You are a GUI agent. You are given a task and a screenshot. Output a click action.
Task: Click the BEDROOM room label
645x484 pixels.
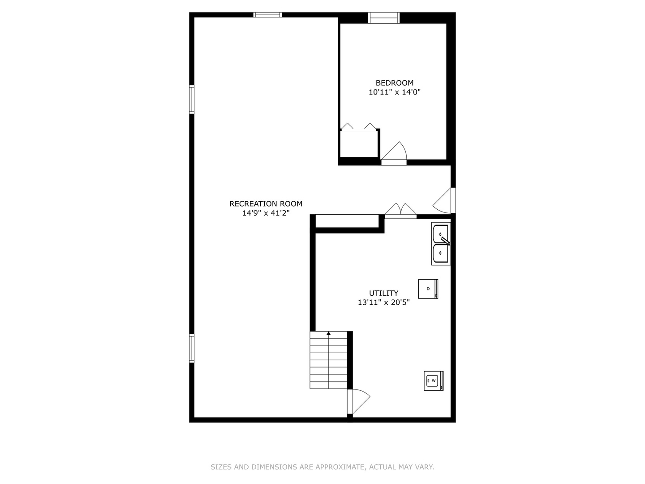pyautogui.click(x=394, y=83)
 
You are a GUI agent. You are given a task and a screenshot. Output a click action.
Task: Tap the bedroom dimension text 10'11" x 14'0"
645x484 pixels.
pyautogui.click(x=394, y=92)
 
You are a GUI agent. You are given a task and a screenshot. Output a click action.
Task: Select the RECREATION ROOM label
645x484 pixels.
pyautogui.click(x=266, y=203)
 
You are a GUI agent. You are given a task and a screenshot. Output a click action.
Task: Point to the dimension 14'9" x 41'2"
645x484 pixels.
pyautogui.click(x=266, y=213)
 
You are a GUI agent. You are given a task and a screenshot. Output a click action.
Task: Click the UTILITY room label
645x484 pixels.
pyautogui.click(x=383, y=293)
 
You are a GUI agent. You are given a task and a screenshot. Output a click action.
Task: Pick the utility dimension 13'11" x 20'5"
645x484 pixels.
pyautogui.click(x=383, y=302)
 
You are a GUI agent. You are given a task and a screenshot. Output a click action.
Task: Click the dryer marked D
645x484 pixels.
pyautogui.click(x=428, y=289)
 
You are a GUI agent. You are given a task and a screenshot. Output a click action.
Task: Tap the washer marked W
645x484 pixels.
pyautogui.click(x=434, y=381)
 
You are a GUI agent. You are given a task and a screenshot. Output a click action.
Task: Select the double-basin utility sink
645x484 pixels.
pyautogui.click(x=441, y=244)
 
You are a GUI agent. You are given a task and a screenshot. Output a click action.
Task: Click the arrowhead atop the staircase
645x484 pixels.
pyautogui.click(x=328, y=333)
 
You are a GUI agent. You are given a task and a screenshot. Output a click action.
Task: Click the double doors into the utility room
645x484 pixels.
pyautogui.click(x=400, y=211)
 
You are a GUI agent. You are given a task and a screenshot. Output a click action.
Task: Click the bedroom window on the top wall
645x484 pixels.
pyautogui.click(x=384, y=18)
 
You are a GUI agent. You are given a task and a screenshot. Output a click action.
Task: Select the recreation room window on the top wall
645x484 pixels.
pyautogui.click(x=267, y=15)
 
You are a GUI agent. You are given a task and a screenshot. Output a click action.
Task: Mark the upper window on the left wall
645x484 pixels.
pyautogui.click(x=192, y=99)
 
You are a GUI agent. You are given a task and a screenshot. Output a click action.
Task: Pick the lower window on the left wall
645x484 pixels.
pyautogui.click(x=192, y=348)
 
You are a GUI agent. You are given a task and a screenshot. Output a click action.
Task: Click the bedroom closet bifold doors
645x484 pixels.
pyautogui.click(x=358, y=127)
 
